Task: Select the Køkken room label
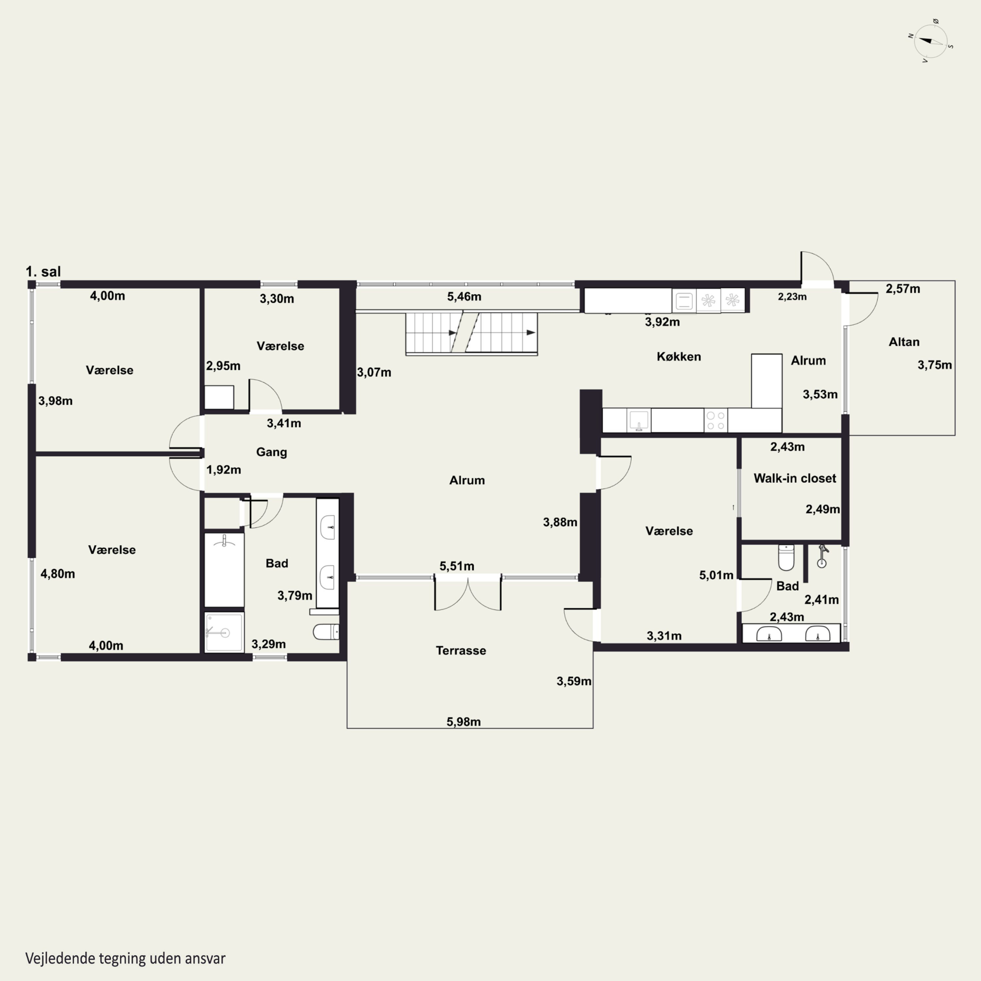(x=679, y=356)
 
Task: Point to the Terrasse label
(x=461, y=650)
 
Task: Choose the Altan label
(x=904, y=342)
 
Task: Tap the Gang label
(x=272, y=452)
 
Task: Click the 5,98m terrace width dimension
(x=464, y=722)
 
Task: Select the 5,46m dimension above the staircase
(x=464, y=297)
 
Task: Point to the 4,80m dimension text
(x=58, y=574)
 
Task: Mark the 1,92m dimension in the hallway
(x=223, y=470)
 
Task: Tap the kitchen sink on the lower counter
(x=639, y=421)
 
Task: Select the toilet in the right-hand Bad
(x=786, y=558)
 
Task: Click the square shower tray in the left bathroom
(x=224, y=632)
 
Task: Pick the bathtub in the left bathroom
(x=224, y=570)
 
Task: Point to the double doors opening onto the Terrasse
(x=468, y=593)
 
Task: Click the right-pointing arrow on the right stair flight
(x=531, y=333)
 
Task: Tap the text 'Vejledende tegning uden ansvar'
(x=126, y=958)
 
